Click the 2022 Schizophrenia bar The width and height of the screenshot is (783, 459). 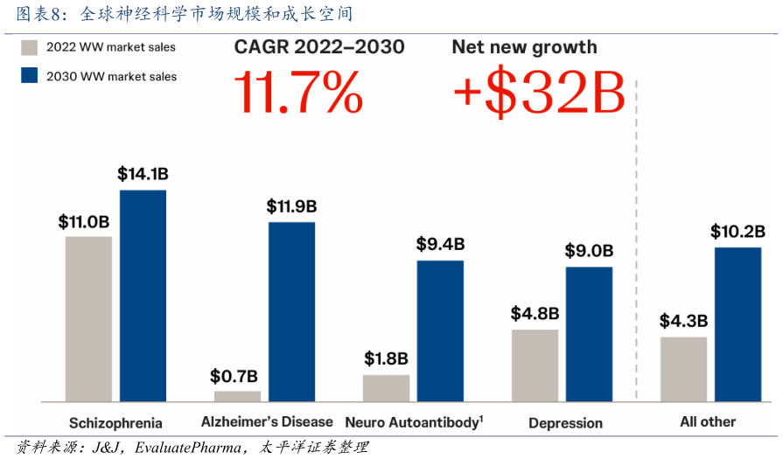coord(88,318)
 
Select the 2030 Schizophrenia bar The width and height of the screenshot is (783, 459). coord(143,296)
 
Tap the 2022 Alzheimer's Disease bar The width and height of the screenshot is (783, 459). coord(237,396)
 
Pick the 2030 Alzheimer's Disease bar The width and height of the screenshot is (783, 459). coord(291,311)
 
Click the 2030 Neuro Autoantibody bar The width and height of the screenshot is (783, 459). coord(440,330)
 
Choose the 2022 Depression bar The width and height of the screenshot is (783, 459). coord(535,365)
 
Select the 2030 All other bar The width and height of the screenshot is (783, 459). coord(738,324)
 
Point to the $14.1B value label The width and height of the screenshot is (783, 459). coord(143,174)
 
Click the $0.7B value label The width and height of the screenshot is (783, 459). coord(234,377)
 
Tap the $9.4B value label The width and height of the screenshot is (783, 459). coord(440,244)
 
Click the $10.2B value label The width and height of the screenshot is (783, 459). coord(738,232)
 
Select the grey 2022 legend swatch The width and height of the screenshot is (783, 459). coord(29,47)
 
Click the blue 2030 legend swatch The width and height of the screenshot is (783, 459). coord(29,76)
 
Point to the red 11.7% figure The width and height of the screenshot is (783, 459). coord(297,94)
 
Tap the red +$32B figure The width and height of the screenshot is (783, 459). coord(538,94)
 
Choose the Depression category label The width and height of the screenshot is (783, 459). coord(565,423)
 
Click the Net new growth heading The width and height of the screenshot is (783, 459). coord(524,47)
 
